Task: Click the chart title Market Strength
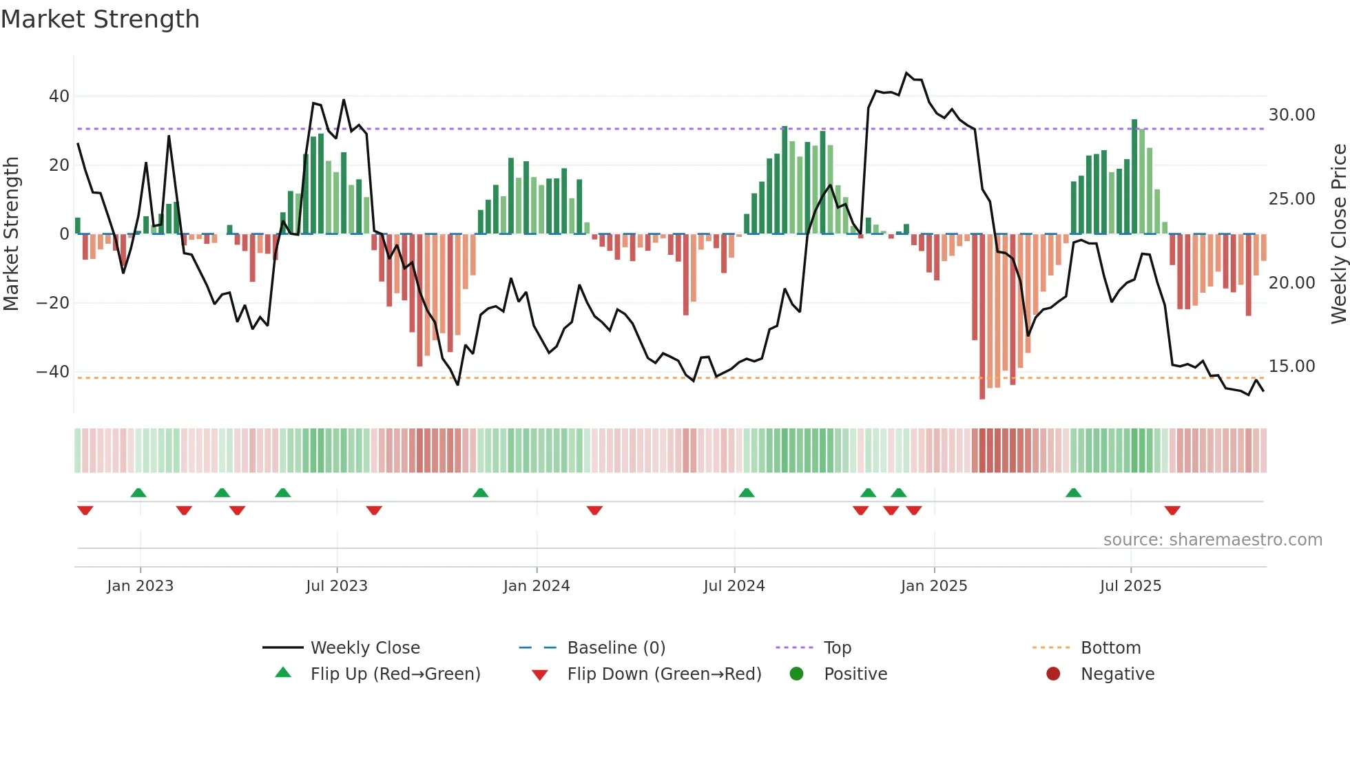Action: [x=100, y=19]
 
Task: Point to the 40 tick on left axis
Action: [x=59, y=96]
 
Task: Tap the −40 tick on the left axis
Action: [x=54, y=372]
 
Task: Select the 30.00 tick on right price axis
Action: [x=1291, y=115]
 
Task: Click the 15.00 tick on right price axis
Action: [x=1291, y=366]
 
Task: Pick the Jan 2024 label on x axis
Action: [x=537, y=586]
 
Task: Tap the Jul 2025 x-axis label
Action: [x=1130, y=586]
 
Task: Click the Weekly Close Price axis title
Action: [x=1338, y=234]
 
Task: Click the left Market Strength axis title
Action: [x=12, y=234]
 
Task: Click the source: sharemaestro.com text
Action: [x=1212, y=540]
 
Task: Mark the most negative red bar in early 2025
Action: [x=982, y=317]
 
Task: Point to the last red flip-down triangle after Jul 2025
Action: [x=1172, y=510]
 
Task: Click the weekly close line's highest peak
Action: [x=906, y=73]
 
